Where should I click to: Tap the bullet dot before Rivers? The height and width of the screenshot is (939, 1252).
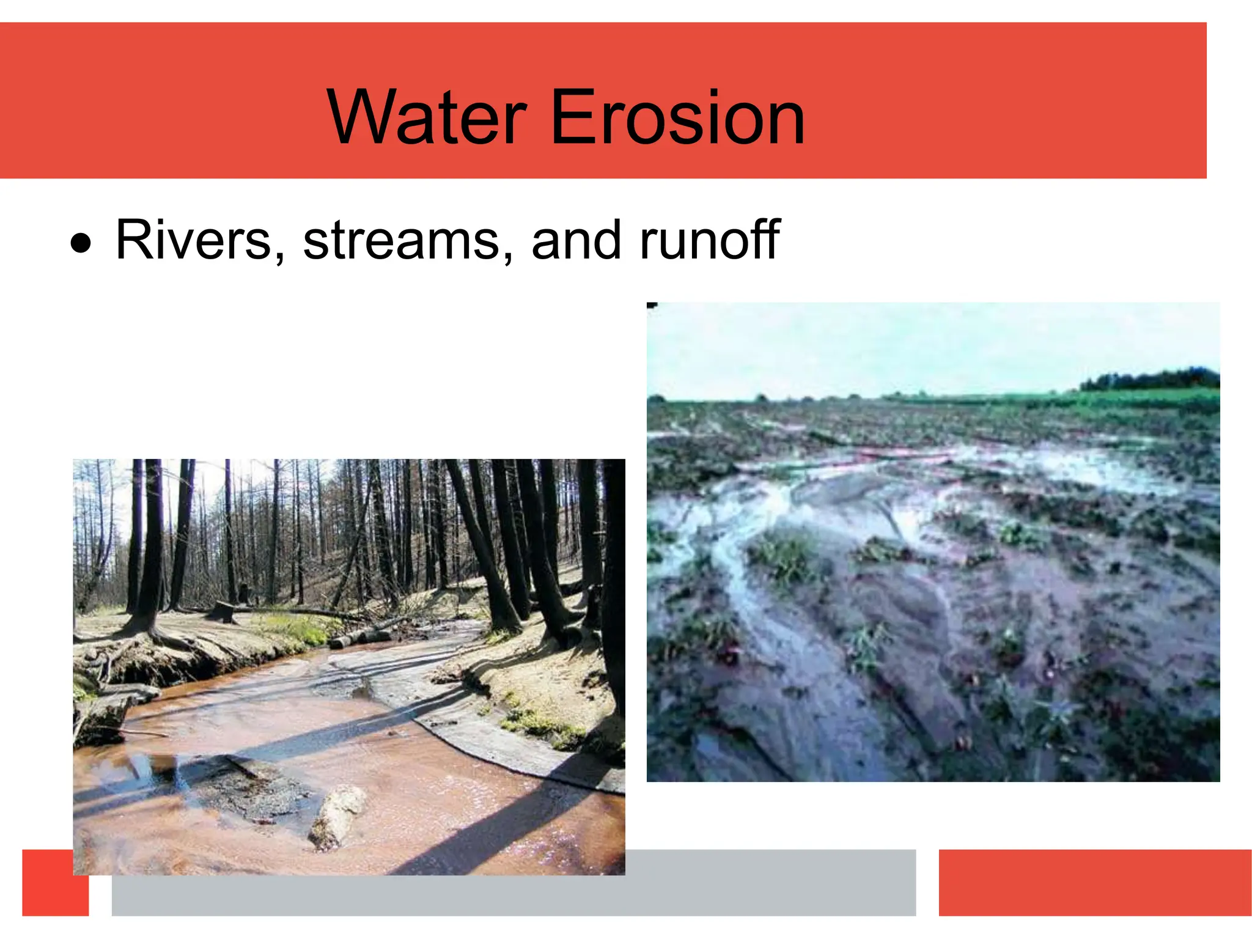[x=81, y=244]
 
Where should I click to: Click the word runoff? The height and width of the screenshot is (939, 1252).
[x=709, y=240]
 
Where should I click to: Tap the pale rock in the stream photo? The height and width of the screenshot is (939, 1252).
[x=337, y=816]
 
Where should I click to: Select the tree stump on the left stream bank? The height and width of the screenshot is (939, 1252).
[x=221, y=611]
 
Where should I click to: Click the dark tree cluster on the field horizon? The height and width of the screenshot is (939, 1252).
[x=1149, y=379]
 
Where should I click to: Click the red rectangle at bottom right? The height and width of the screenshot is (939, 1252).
[x=1094, y=882]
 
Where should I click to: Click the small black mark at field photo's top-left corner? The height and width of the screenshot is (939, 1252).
[x=652, y=305]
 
